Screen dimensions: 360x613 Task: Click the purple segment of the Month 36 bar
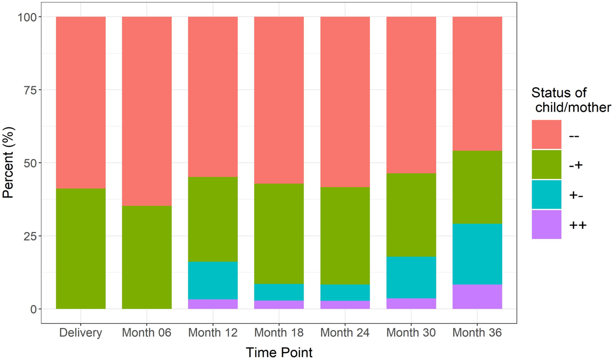[477, 297]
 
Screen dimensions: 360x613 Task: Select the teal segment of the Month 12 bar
[213, 281]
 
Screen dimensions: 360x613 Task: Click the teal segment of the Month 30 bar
[411, 277]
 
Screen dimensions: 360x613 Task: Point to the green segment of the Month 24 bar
[345, 235]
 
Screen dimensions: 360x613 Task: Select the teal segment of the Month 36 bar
[477, 254]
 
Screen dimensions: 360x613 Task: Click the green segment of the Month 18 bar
[279, 233]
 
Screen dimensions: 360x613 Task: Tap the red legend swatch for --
[546, 134]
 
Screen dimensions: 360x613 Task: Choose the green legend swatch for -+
[546, 164]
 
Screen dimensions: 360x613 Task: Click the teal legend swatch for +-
[546, 195]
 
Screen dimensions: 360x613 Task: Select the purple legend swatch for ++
[546, 225]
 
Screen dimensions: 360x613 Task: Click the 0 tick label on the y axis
[32, 309]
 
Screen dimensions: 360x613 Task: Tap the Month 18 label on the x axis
[279, 333]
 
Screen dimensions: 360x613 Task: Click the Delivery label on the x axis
[81, 333]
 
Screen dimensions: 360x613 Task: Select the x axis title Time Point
[279, 352]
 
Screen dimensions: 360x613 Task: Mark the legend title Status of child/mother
[571, 100]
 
